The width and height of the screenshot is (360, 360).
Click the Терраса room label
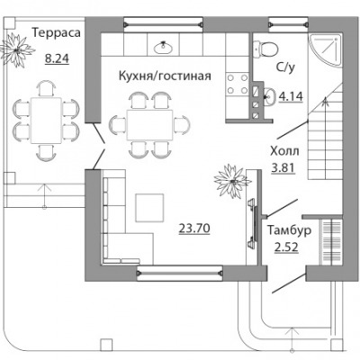pos(57,33)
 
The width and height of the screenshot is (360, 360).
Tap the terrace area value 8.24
pos(57,58)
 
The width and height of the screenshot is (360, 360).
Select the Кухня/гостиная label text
pos(165,76)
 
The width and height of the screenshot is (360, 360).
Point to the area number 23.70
pos(194,229)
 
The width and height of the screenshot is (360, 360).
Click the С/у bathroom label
pos(285,68)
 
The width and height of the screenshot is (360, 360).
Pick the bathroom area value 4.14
pos(291,96)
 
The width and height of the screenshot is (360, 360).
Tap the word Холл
pos(284,151)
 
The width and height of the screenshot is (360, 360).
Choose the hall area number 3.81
pos(283,168)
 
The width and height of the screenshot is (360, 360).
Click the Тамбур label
pos(289,230)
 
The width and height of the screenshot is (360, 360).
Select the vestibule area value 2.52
pos(286,247)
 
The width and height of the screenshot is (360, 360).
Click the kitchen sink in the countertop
pos(164,47)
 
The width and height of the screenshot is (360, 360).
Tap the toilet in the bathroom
pos(265,48)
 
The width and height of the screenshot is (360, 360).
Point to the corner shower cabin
pos(326,49)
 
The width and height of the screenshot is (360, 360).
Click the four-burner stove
pos(238,84)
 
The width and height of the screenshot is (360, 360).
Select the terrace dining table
pos(46,120)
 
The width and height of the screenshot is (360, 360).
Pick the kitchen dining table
pos(149,125)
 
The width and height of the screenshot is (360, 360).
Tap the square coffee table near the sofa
pos(149,208)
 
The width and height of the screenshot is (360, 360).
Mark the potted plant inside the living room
pos(232,181)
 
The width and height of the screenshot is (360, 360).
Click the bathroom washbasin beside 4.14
pos(270,96)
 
